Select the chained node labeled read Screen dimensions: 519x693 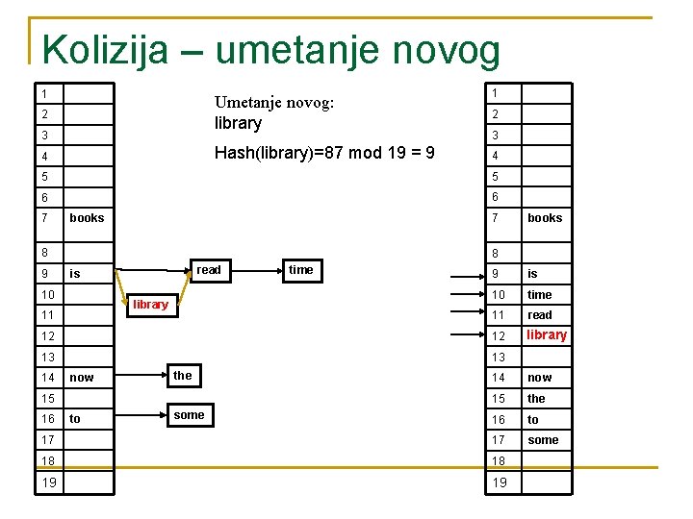pyautogui.click(x=209, y=271)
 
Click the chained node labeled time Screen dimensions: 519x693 pyautogui.click(x=300, y=271)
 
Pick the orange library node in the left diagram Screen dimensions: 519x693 pyautogui.click(x=150, y=305)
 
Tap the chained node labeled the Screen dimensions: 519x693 pyautogui.click(x=183, y=376)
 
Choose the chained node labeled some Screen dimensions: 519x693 pyautogui.click(x=189, y=415)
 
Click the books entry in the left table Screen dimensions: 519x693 pyautogui.click(x=87, y=218)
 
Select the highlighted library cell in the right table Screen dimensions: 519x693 pyautogui.click(x=547, y=335)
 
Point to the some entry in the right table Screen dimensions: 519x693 pyautogui.click(x=543, y=440)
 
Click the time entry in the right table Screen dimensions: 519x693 pyautogui.click(x=540, y=295)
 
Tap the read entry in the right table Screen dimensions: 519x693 pyautogui.click(x=540, y=315)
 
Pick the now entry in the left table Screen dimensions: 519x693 pyautogui.click(x=82, y=378)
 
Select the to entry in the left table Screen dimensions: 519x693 pyautogui.click(x=75, y=419)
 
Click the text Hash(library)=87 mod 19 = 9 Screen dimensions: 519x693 pyautogui.click(x=324, y=153)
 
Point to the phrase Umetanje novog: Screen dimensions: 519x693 pyautogui.click(x=274, y=103)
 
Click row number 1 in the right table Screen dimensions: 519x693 pyautogui.click(x=494, y=93)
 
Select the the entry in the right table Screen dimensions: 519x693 pyautogui.click(x=536, y=399)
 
